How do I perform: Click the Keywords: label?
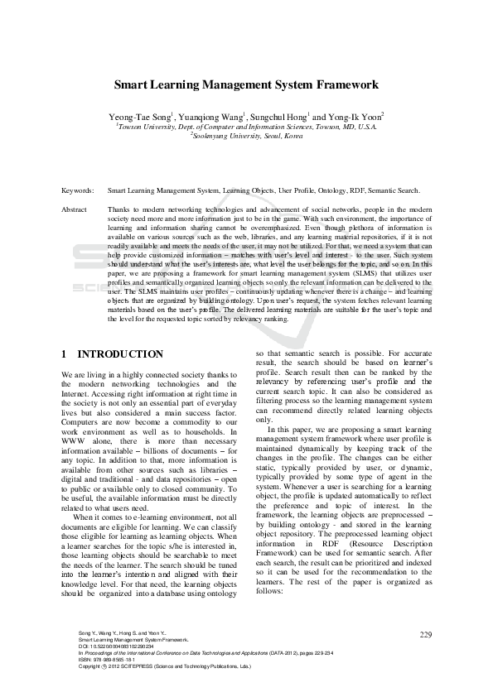(x=78, y=191)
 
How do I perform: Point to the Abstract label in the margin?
(x=75, y=210)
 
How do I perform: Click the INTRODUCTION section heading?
(x=120, y=354)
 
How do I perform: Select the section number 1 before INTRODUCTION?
(x=65, y=354)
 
